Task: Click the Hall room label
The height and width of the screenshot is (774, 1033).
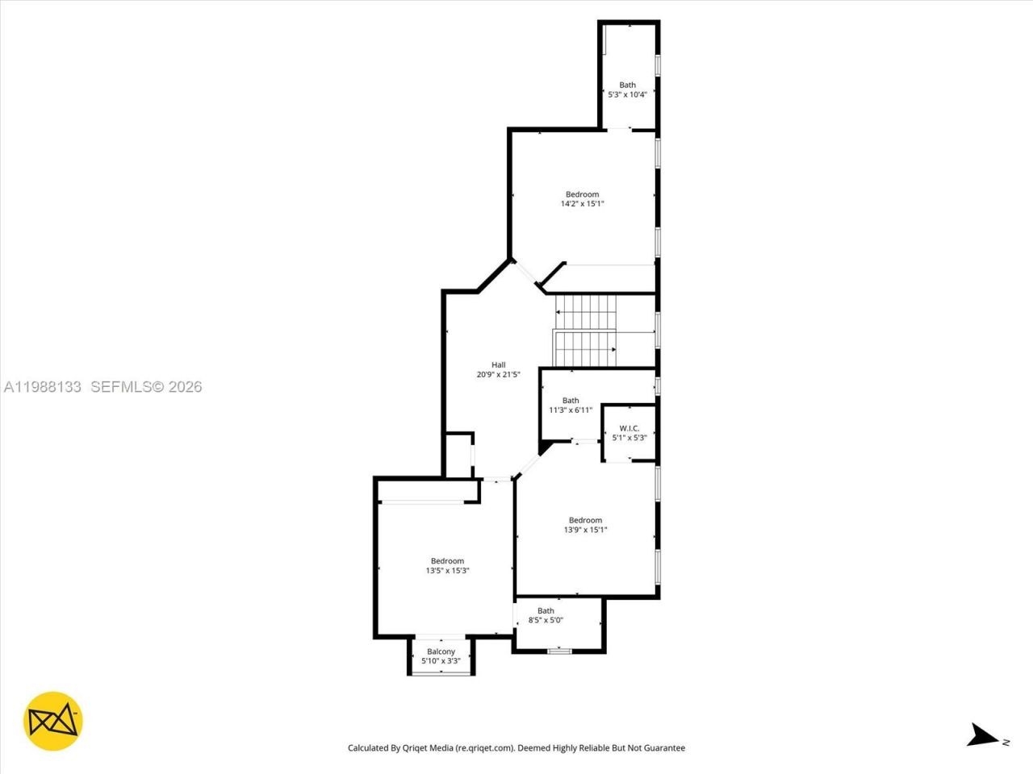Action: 498,364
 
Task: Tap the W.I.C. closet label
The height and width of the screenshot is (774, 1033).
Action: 629,428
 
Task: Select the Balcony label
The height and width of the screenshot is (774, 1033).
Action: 441,651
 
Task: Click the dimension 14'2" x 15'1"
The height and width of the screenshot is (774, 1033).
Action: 582,204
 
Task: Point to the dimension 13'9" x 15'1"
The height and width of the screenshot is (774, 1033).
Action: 585,530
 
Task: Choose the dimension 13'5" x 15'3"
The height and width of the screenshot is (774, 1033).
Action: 447,571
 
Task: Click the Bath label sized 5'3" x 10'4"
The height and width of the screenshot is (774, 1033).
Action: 627,85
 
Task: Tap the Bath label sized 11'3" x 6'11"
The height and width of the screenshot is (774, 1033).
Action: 571,401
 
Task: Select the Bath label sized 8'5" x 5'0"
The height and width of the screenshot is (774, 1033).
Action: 546,610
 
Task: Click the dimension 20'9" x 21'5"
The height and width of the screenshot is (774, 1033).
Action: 498,374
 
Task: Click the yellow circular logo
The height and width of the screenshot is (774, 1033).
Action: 52,721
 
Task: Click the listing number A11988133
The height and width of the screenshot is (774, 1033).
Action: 42,387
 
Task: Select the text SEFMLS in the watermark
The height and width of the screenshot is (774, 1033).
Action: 121,387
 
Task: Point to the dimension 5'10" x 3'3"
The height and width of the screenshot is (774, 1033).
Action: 441,661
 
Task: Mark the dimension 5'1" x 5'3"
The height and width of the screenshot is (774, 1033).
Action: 629,438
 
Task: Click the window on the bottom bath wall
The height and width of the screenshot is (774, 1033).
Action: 558,651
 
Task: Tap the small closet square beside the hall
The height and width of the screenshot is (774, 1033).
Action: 459,456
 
